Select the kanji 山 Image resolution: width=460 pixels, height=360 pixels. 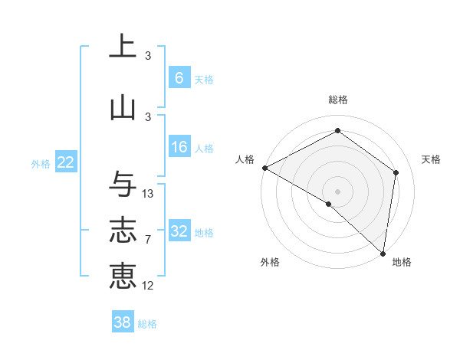tap(123, 106)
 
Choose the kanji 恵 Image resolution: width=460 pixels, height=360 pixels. tap(123, 276)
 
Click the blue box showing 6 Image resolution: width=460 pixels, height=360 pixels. tap(179, 78)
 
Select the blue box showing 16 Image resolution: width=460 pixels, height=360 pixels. tap(179, 148)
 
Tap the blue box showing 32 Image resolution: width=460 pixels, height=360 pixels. tap(179, 232)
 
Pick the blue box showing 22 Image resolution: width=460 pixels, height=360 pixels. tap(65, 163)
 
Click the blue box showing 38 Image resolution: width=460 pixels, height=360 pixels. tap(123, 322)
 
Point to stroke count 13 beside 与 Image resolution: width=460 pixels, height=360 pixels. tap(148, 194)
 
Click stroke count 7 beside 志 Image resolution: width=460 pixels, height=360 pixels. tap(148, 240)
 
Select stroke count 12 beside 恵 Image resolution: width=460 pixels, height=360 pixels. tap(148, 286)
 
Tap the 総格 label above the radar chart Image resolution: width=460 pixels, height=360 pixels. tap(338, 100)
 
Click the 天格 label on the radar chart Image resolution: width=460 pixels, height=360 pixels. tap(431, 159)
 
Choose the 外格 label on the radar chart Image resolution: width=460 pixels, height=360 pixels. tap(270, 262)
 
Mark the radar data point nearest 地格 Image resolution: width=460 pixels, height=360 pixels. tap(383, 253)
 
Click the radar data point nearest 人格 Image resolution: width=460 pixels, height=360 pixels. tap(264, 168)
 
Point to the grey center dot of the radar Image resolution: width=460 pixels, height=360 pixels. tap(338, 191)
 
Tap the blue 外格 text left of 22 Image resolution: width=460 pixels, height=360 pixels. tap(41, 164)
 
